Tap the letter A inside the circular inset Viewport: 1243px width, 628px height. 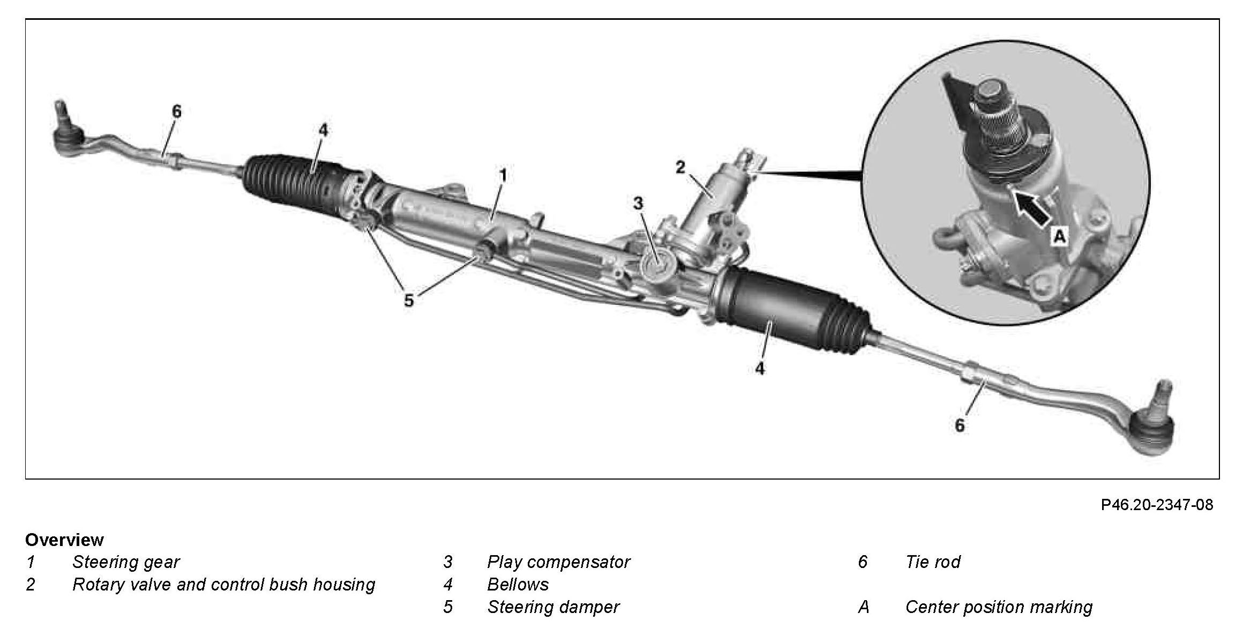[x=1059, y=236]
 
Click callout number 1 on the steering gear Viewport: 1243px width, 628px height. [x=502, y=175]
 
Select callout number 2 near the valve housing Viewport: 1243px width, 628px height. [x=680, y=167]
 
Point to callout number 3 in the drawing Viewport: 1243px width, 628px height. [x=638, y=203]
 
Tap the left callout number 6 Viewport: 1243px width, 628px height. [x=177, y=111]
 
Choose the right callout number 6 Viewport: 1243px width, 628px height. [x=960, y=425]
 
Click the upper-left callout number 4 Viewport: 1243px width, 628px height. [x=323, y=130]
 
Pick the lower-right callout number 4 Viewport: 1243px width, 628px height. [x=760, y=369]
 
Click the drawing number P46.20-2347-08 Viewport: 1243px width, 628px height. [x=1157, y=505]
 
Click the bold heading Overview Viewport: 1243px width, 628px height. [x=64, y=540]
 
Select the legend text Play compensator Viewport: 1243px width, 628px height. [x=558, y=562]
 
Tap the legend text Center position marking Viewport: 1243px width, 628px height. [x=999, y=607]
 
